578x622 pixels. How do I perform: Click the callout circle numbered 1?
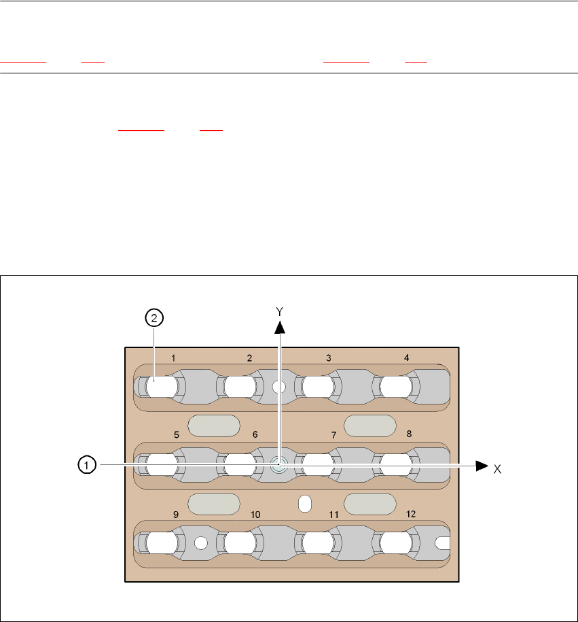point(86,465)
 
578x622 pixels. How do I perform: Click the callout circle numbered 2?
point(154,317)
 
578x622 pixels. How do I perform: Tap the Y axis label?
point(278,310)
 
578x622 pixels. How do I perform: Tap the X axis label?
point(497,469)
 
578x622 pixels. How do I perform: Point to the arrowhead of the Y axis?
point(278,327)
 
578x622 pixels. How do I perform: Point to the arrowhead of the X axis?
point(482,466)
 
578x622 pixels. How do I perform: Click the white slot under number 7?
point(318,466)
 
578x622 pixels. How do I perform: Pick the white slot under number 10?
point(240,543)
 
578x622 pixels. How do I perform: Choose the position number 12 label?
point(411,515)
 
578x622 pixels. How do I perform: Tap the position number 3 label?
point(328,358)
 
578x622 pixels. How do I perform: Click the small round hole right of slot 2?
point(277,387)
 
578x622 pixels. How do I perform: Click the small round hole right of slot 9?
point(200,543)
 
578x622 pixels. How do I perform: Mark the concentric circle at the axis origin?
point(278,466)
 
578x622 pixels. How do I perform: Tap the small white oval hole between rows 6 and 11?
point(305,504)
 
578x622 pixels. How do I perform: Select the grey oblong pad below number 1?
point(213,426)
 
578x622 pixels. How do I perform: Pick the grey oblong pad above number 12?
point(370,504)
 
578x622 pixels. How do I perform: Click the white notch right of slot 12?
point(442,542)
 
